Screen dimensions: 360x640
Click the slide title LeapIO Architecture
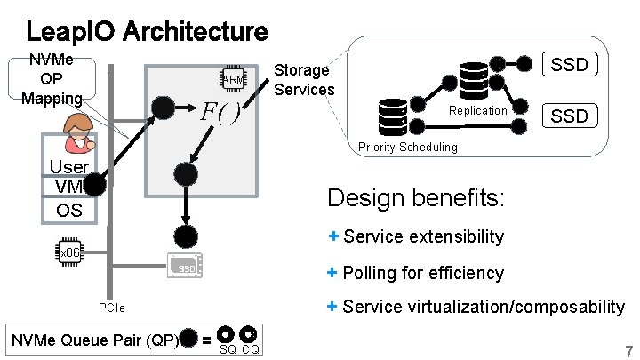coord(147,32)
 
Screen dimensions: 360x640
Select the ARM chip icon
coord(233,79)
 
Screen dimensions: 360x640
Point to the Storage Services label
coord(304,79)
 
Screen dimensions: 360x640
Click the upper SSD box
coord(569,65)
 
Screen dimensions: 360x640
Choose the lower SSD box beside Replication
coord(569,116)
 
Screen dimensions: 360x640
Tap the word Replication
coord(477,111)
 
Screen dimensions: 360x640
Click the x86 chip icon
coord(68,252)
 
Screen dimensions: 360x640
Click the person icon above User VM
coord(78,132)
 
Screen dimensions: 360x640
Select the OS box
coord(68,210)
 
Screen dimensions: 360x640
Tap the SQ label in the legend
coord(228,349)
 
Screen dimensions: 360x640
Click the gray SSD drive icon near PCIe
coord(185,267)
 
